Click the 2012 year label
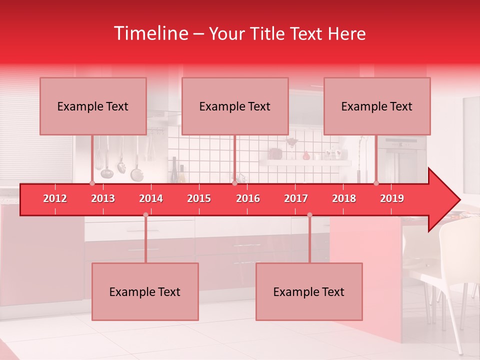pos(55,198)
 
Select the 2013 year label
pos(103,198)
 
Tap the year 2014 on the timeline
pos(151,198)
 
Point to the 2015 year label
pos(199,198)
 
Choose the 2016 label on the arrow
pos(248,198)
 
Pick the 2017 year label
pos(296,198)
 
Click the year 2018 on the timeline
pos(344,198)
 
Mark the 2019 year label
pos(392,198)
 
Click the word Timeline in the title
pos(150,33)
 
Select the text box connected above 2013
pos(93,106)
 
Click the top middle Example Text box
pos(235,106)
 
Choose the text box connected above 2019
pos(377,106)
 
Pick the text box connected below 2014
pos(145,291)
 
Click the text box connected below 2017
pos(309,291)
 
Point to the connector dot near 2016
pos(234,183)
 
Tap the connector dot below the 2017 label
pos(309,215)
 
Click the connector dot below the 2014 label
pos(145,215)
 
